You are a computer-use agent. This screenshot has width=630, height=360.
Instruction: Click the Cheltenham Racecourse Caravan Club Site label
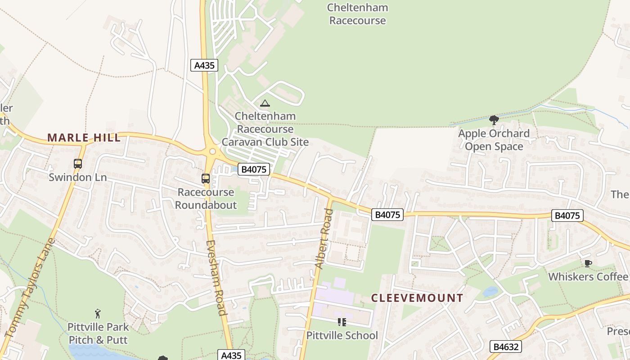[265, 129]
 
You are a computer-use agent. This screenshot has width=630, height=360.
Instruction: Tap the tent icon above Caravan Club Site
[265, 103]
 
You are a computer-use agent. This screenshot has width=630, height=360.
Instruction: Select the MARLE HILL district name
[84, 138]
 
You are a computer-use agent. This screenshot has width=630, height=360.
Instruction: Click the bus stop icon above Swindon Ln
[78, 164]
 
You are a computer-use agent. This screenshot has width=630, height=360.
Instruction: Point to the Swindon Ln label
[78, 177]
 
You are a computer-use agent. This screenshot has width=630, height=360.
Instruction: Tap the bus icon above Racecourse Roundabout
[206, 179]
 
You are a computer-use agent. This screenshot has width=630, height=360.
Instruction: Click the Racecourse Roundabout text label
[206, 198]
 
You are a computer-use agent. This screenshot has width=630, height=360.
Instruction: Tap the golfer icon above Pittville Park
[98, 314]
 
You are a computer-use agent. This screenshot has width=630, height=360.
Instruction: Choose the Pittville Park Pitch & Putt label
[98, 333]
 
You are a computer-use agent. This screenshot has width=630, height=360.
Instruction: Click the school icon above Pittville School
[342, 322]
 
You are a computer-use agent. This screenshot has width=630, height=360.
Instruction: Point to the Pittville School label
[342, 336]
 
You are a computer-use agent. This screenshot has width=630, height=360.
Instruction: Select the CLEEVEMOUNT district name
[417, 298]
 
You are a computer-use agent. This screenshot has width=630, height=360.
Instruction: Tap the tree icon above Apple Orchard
[494, 120]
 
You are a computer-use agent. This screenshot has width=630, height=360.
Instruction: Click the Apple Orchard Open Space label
[494, 140]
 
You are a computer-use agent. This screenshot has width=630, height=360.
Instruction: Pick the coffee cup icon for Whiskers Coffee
[588, 264]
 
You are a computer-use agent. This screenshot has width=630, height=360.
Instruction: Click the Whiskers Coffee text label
[588, 277]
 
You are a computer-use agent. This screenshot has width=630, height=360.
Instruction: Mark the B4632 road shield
[506, 346]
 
